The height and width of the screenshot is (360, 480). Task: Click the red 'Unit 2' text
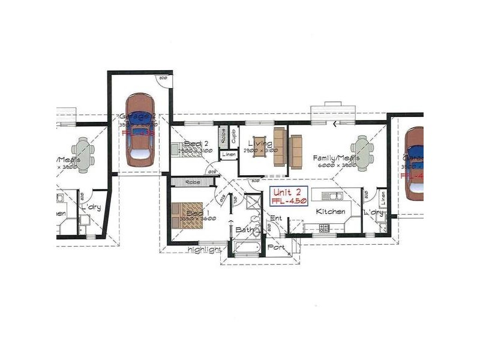(x=290, y=193)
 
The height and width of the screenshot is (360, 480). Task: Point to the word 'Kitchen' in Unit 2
(x=331, y=212)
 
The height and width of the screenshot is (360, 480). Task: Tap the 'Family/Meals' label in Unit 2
(x=335, y=158)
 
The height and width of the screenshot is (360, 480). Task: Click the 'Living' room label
(x=260, y=144)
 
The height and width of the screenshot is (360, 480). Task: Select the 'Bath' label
(x=243, y=229)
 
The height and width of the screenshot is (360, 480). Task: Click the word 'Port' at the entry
(x=276, y=247)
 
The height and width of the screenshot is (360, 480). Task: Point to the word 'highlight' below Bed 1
(x=203, y=249)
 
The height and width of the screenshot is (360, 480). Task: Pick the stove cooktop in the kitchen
(x=324, y=227)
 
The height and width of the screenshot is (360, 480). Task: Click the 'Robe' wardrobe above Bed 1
(x=192, y=181)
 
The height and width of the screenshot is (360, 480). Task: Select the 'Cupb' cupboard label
(x=233, y=134)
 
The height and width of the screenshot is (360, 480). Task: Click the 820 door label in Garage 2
(x=162, y=78)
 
